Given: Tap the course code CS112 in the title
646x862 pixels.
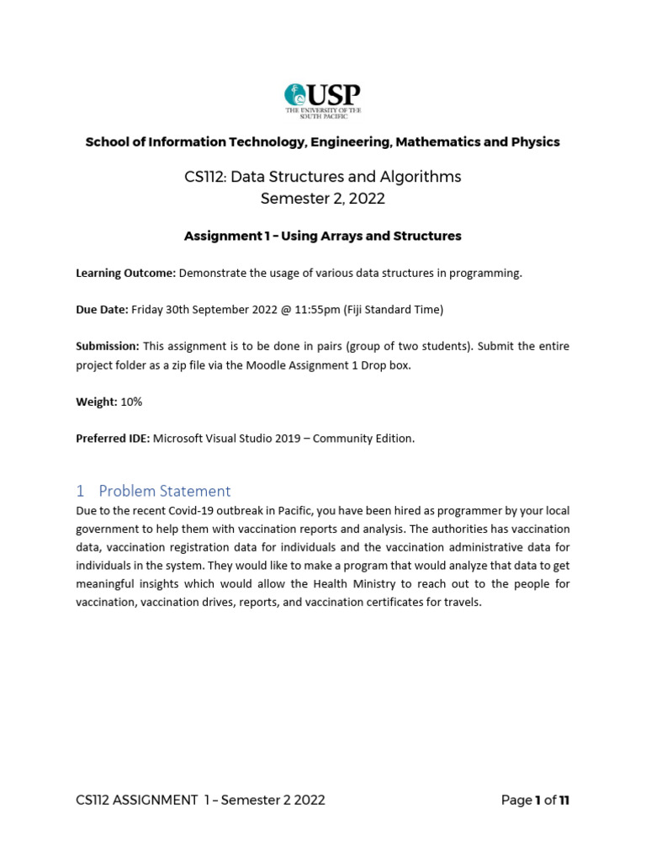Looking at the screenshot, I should [204, 177].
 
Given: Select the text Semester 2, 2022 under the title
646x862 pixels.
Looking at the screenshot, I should [322, 199].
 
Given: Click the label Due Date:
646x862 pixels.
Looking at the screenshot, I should [102, 310].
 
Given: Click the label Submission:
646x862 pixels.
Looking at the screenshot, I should [108, 347].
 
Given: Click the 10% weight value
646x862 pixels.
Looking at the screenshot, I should [132, 402].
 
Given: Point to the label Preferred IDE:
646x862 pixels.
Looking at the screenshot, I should [113, 439].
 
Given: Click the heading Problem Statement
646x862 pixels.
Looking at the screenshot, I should [164, 491].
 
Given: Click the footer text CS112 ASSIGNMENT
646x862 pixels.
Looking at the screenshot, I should [136, 801].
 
